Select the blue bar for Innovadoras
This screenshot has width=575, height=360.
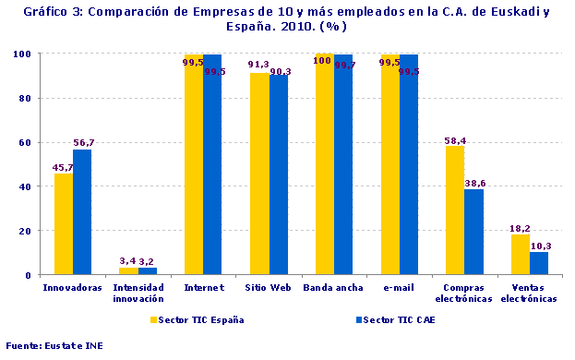pos(82,212)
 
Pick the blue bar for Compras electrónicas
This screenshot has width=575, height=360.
pos(473,232)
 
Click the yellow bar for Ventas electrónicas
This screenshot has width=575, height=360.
pos(521,255)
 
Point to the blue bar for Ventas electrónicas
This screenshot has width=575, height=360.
pos(539,263)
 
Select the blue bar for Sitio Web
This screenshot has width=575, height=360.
pos(278,175)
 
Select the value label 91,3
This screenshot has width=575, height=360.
pos(258,65)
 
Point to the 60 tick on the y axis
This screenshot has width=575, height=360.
pos(28,142)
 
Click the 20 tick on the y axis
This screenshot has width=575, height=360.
pos(28,231)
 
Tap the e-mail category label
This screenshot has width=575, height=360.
pos(398,287)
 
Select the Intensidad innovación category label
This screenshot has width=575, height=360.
pos(138,292)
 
